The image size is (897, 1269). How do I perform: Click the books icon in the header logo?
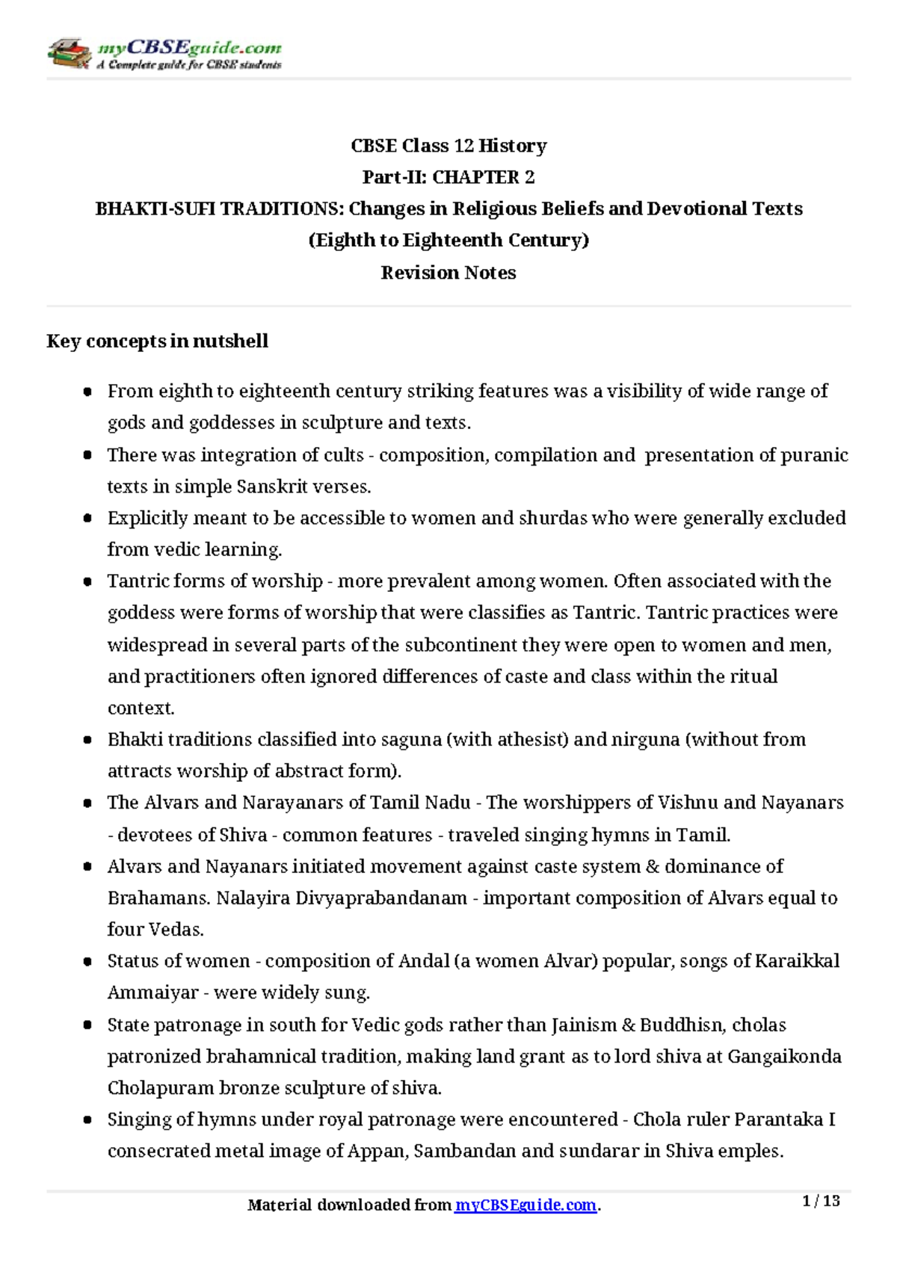pos(70,53)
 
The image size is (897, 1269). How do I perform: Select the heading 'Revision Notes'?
pos(448,273)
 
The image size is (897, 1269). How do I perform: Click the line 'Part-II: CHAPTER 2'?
pos(448,177)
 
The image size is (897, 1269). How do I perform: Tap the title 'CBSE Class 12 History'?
pos(448,146)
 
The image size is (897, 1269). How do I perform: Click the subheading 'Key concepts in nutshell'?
pos(157,342)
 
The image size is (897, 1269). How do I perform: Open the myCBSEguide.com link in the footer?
pos(525,1205)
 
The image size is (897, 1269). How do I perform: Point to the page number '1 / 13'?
pos(821,1201)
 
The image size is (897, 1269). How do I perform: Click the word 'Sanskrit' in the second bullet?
pos(268,487)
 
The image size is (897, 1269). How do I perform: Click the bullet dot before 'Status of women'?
pos(88,962)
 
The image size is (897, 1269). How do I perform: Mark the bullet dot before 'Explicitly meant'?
pos(88,519)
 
